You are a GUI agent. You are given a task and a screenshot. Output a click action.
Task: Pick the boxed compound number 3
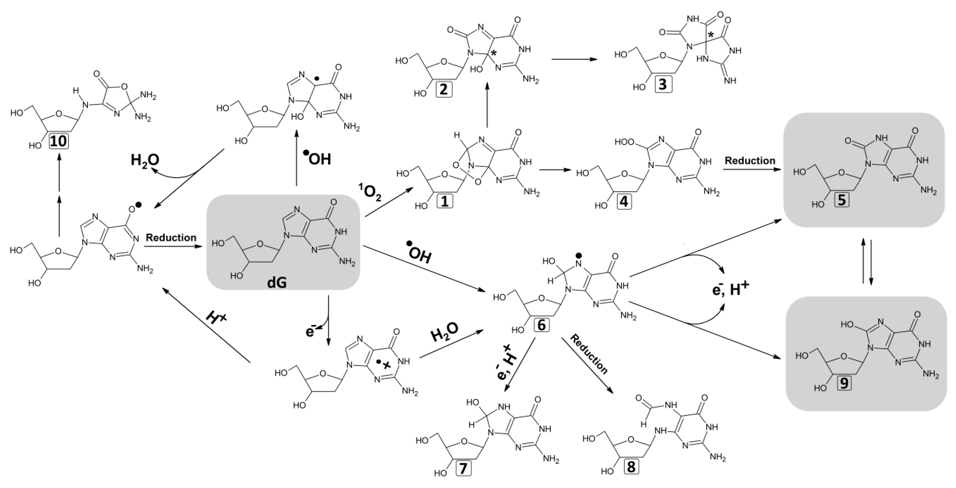pyautogui.click(x=663, y=84)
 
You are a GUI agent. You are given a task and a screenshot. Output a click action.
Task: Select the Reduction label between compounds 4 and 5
pyautogui.click(x=750, y=160)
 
